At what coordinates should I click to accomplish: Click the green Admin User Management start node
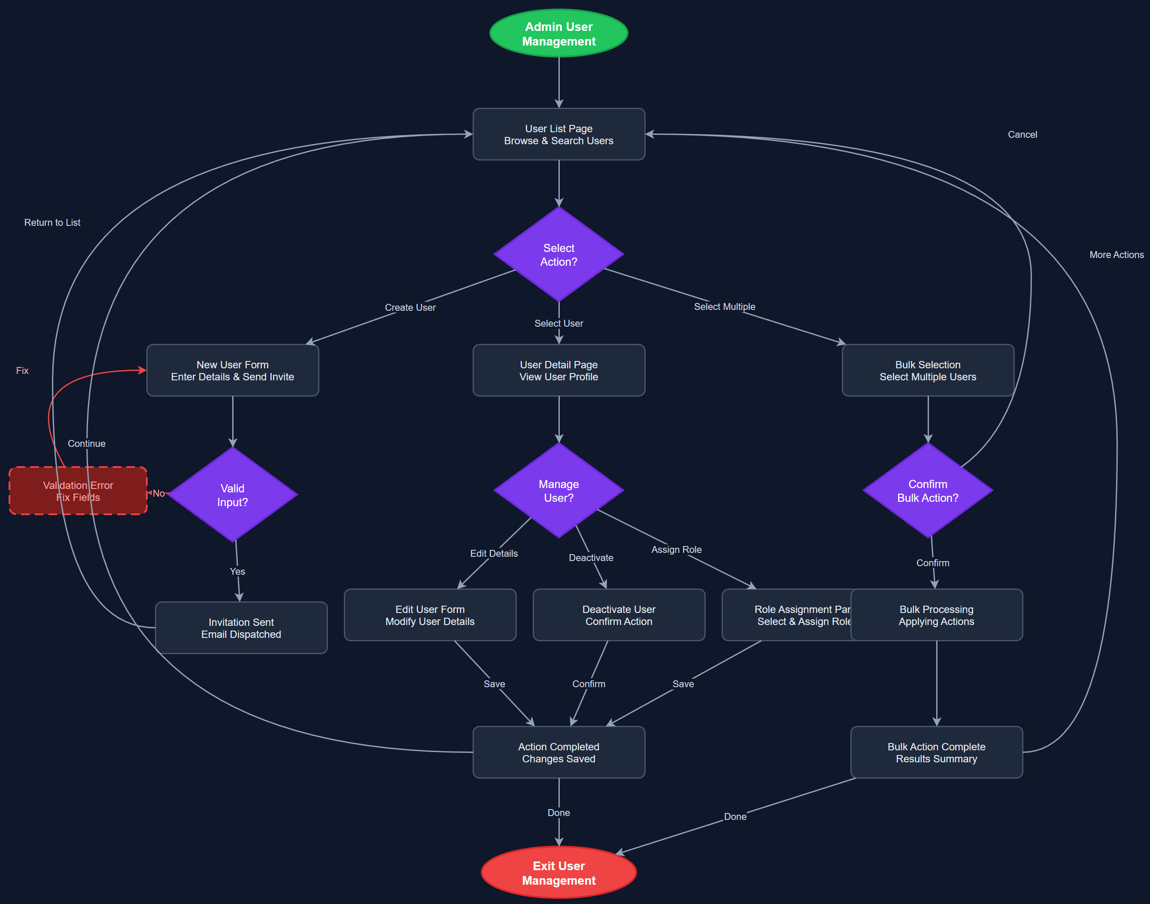(x=558, y=33)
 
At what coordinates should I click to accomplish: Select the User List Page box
(x=558, y=134)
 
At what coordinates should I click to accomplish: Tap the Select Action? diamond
(x=558, y=255)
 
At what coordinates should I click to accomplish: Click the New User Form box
(x=232, y=370)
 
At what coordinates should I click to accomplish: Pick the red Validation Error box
(x=78, y=491)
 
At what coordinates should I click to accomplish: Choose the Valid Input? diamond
(x=232, y=495)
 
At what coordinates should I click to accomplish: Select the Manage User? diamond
(x=558, y=491)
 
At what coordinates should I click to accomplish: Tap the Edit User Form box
(x=430, y=615)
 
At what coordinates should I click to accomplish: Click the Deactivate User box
(x=619, y=615)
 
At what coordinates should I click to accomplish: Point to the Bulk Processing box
(x=936, y=615)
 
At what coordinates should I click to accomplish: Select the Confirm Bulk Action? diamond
(x=927, y=491)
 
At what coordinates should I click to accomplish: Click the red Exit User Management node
(x=558, y=873)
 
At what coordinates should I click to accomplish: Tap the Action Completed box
(x=558, y=752)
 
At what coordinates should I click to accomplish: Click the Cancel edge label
(x=1022, y=134)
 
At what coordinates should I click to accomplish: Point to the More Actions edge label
(x=1116, y=255)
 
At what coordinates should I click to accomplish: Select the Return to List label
(x=52, y=222)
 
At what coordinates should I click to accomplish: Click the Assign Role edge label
(x=677, y=549)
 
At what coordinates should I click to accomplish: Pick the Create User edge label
(x=410, y=307)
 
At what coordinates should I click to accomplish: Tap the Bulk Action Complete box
(x=936, y=752)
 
